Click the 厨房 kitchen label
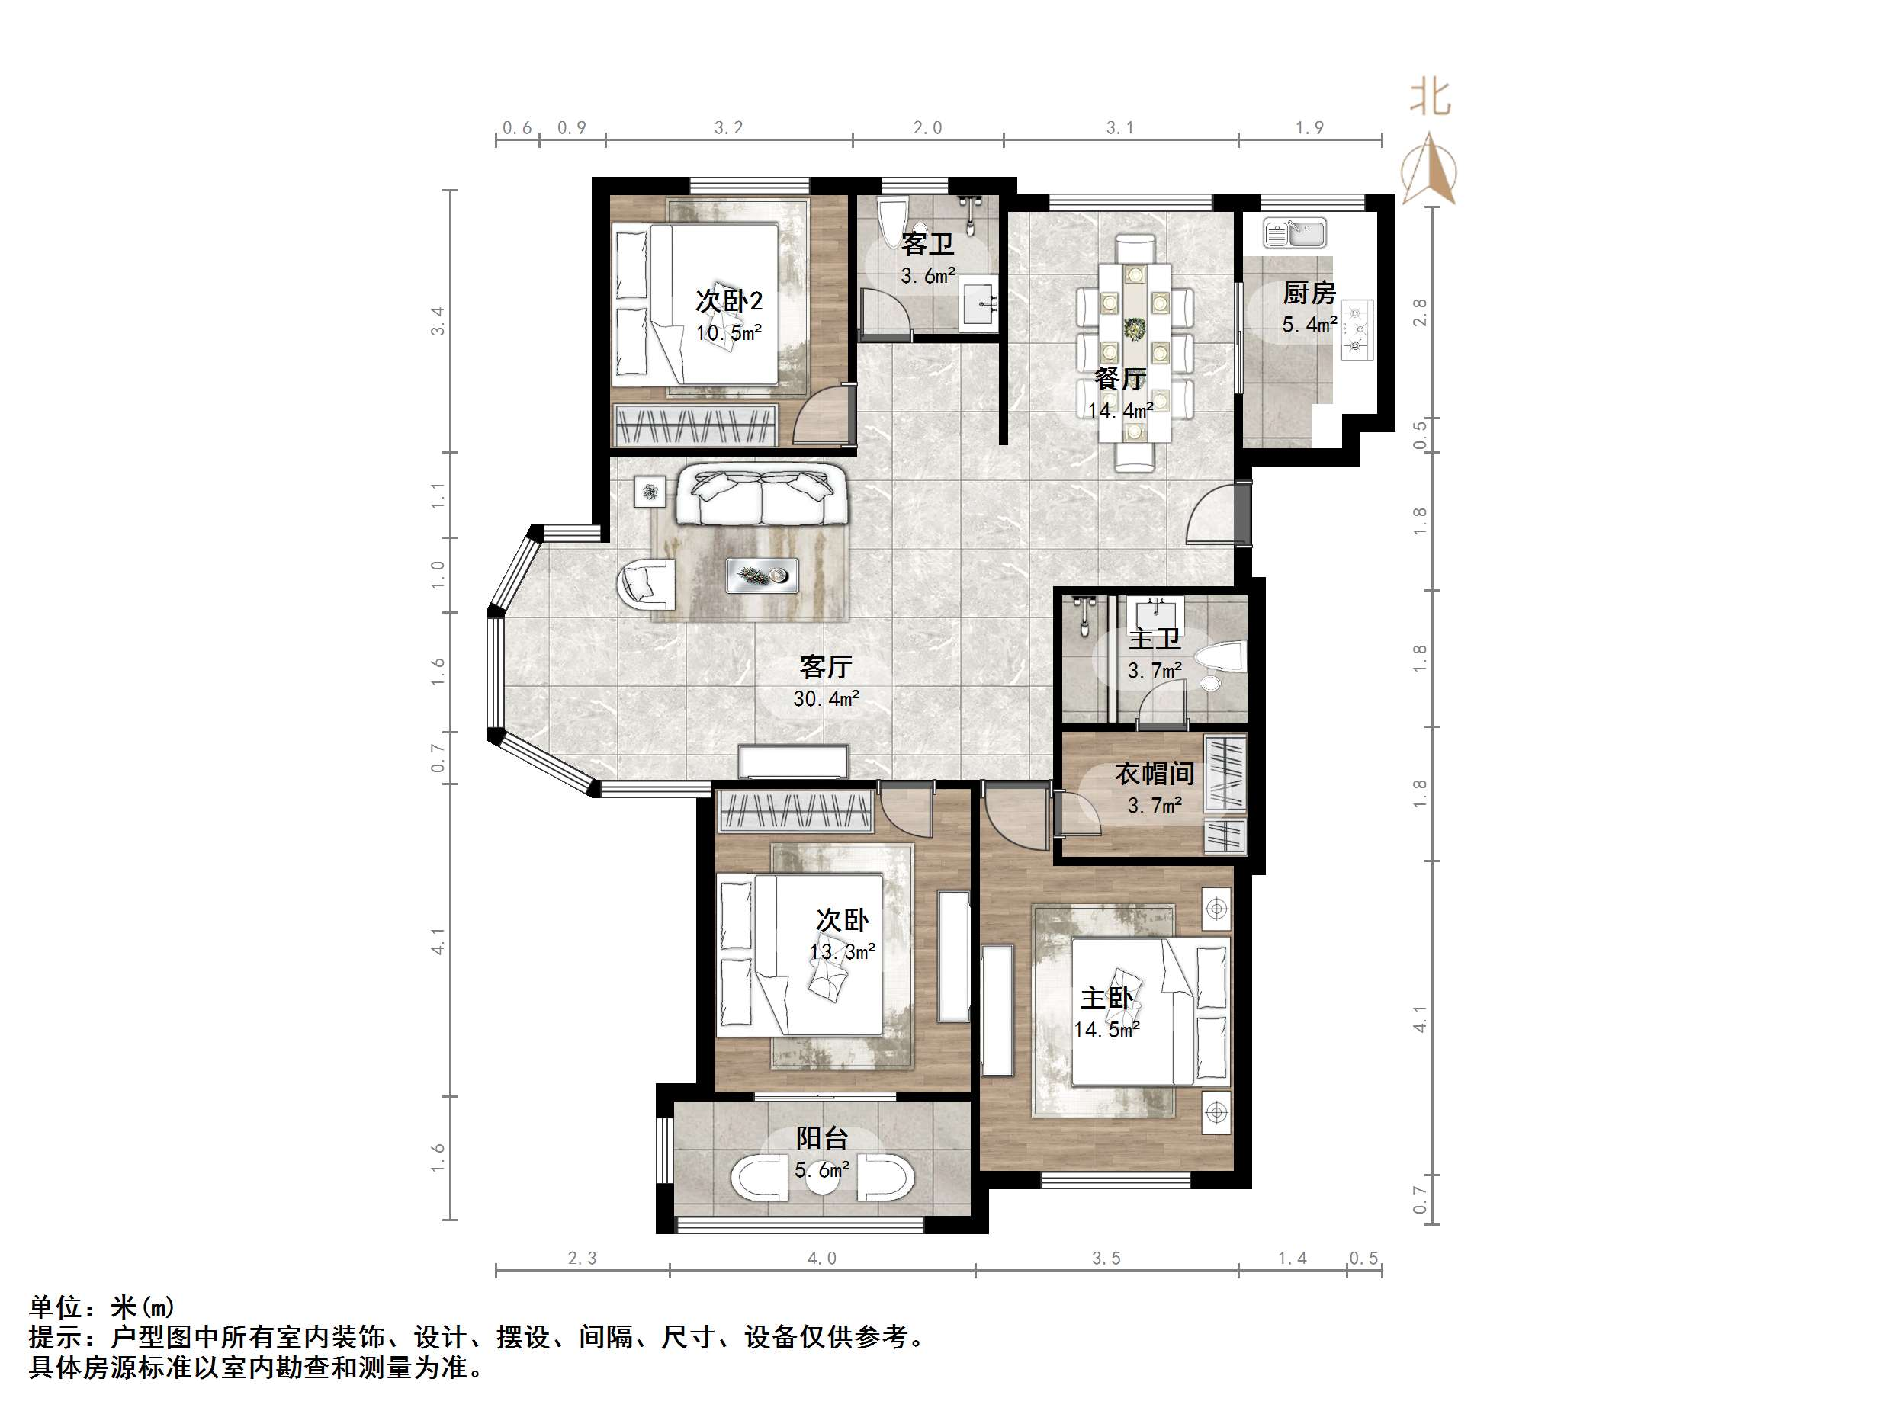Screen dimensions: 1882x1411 click(x=1309, y=293)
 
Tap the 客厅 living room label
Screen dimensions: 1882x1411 click(x=825, y=667)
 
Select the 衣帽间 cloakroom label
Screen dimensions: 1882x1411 click(x=1155, y=773)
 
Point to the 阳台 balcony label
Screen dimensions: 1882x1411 click(x=822, y=1138)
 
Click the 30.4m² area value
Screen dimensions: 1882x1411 click(x=826, y=699)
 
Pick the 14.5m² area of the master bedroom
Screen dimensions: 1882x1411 click(x=1106, y=1030)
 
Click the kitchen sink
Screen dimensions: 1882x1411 click(x=1294, y=233)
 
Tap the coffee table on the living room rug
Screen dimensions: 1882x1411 click(x=763, y=576)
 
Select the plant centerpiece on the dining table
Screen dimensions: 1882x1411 click(x=1134, y=329)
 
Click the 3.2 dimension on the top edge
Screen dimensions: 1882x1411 click(x=728, y=127)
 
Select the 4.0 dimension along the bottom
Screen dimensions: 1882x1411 click(x=822, y=1258)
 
